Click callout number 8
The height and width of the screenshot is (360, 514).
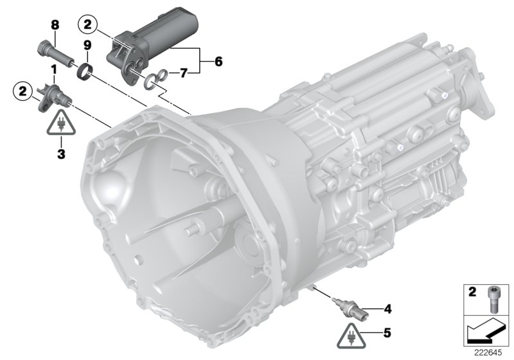[x=55, y=25]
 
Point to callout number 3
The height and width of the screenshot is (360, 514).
[x=61, y=154]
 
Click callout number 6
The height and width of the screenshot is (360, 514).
[x=218, y=62]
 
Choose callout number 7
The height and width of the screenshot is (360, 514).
[x=183, y=73]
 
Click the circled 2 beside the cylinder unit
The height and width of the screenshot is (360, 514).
[x=87, y=25]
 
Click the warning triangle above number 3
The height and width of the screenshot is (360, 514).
[x=61, y=123]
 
